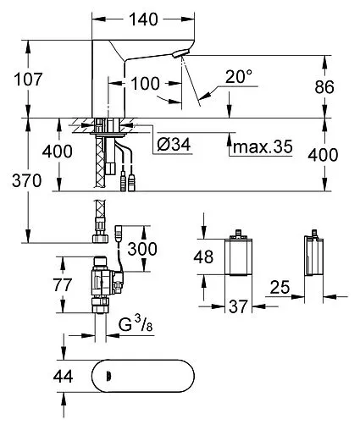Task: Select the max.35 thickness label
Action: coord(263,146)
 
